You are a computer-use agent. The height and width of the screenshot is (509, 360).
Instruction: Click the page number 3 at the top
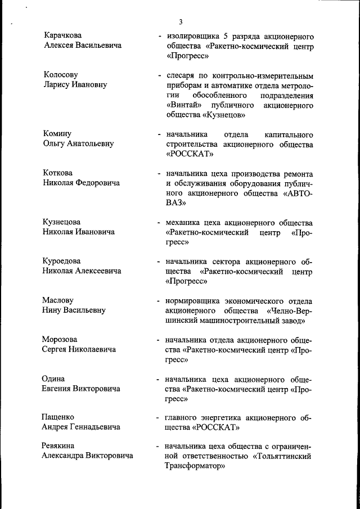pos(181,22)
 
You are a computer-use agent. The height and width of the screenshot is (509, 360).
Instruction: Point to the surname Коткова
pos(58,173)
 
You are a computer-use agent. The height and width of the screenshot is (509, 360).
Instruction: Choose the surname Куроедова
pos(62,261)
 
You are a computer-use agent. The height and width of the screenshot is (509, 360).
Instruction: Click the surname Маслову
pos(58,300)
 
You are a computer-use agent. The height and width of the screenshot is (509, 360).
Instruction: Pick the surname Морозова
pos(60,339)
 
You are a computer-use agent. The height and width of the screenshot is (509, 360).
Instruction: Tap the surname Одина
pos(53,379)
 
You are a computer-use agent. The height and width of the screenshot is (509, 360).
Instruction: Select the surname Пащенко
pos(58,417)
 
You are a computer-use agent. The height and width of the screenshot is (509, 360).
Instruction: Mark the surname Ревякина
pos(59,446)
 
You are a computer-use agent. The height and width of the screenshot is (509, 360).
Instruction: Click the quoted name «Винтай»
pos(183,105)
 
